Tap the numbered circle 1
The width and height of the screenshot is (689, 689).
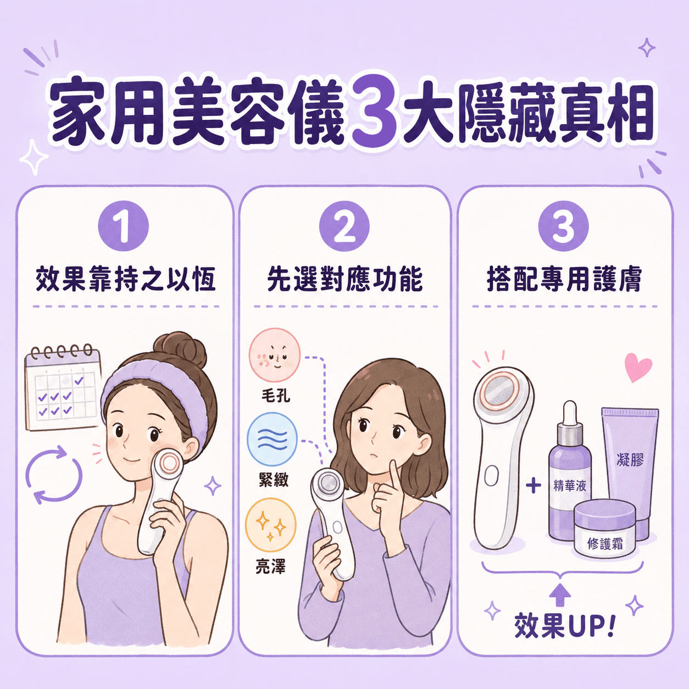[124, 226]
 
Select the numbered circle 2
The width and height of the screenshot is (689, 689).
[344, 226]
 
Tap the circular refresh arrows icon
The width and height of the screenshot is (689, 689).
[54, 475]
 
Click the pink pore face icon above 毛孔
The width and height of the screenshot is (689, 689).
[275, 355]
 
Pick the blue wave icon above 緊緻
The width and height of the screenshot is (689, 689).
[273, 438]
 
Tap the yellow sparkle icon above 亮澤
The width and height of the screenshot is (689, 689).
[271, 526]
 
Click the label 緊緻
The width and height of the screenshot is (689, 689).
[274, 479]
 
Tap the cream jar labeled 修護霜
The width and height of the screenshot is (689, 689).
[604, 529]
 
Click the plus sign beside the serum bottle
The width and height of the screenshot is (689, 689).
[534, 486]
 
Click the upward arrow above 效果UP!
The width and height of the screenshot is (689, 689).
[560, 595]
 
